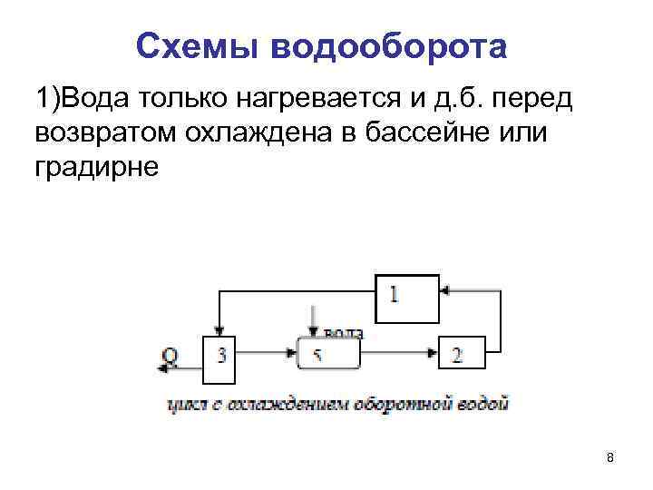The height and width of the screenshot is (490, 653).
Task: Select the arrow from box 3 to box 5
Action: point(267,354)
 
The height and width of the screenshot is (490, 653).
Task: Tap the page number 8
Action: point(610,457)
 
